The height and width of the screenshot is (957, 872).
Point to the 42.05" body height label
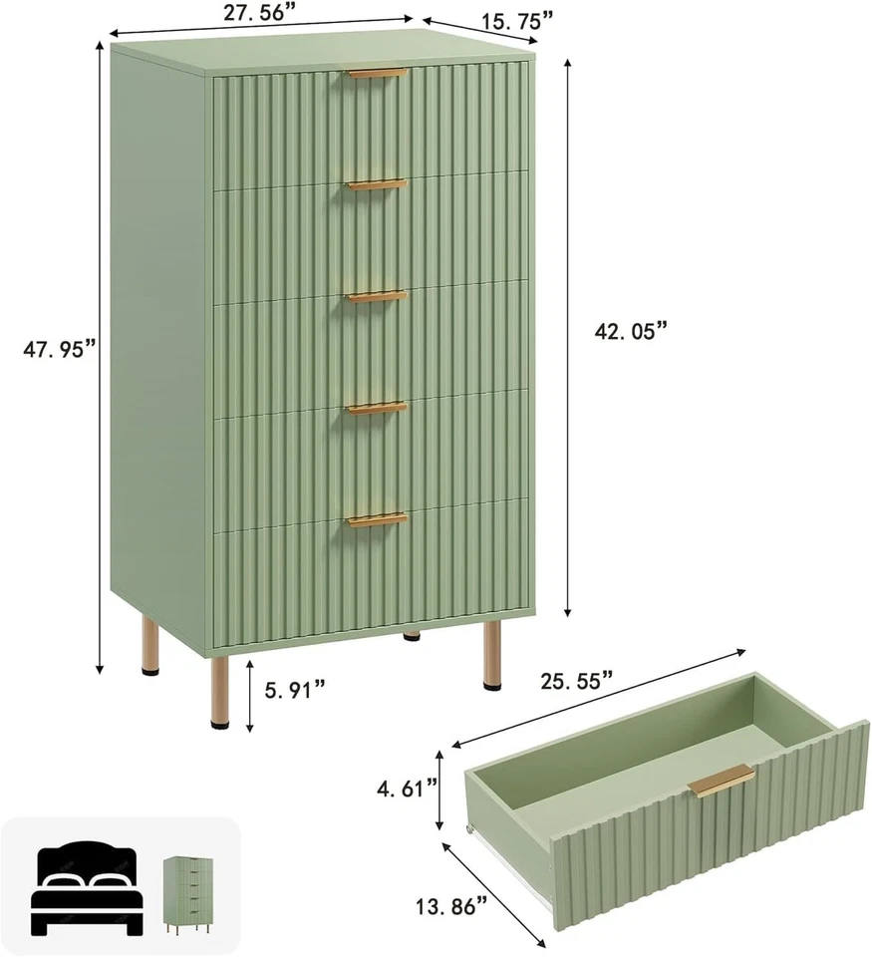point(631,332)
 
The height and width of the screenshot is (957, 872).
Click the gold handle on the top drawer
point(377,74)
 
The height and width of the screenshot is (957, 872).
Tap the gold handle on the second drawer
point(377,184)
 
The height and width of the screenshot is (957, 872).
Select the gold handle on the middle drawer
point(377,296)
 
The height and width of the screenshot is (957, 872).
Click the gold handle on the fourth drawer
point(377,408)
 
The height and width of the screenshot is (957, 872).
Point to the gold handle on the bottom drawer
point(377,519)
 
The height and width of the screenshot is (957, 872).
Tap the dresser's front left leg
point(220,688)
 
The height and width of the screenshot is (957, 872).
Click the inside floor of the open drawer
point(638,758)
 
